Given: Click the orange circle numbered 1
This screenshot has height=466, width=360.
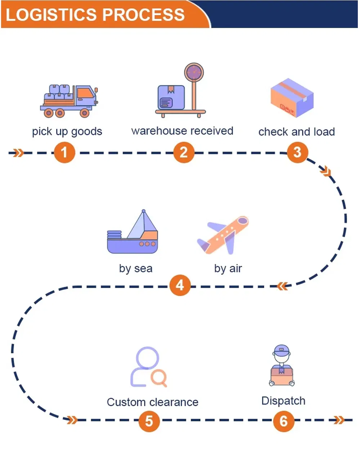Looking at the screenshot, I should point(64,152).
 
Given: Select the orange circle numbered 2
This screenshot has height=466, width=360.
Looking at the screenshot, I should point(184,152).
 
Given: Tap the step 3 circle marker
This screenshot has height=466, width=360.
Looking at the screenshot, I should point(297,152).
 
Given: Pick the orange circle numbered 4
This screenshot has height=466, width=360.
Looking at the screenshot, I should point(180,286).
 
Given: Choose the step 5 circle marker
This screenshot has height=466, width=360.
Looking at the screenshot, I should point(149,421).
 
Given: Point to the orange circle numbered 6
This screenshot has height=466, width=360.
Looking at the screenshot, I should point(283,421).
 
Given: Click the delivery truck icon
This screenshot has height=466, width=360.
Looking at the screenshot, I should point(69,101).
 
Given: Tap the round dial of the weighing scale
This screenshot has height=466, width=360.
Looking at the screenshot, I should point(194,72).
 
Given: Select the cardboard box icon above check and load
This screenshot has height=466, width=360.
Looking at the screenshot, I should point(292,98).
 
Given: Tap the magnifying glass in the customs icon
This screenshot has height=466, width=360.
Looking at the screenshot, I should point(158,378).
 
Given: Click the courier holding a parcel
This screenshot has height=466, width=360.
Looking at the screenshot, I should point(282,366).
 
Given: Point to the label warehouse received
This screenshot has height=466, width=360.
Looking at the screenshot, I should point(182,131).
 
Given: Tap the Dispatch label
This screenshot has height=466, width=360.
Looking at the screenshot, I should point(283,401).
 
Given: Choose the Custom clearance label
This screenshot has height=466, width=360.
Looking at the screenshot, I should point(153,402).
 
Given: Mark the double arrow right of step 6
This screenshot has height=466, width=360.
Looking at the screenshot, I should point(339,420).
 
